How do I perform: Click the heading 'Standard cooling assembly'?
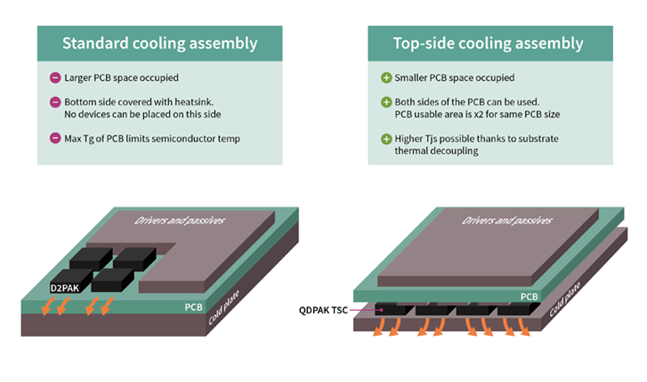pyautogui.click(x=159, y=42)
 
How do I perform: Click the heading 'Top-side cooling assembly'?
pyautogui.click(x=488, y=42)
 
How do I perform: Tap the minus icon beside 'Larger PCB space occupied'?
pyautogui.click(x=55, y=79)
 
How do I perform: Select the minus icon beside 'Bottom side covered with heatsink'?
pyautogui.click(x=55, y=103)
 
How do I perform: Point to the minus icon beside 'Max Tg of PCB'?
pyautogui.click(x=55, y=138)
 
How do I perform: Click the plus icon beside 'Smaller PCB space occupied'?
pyautogui.click(x=386, y=79)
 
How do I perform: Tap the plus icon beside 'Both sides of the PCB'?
pyautogui.click(x=386, y=103)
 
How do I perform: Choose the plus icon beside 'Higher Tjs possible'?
pyautogui.click(x=386, y=138)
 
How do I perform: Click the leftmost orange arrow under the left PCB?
pyautogui.click(x=48, y=308)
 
